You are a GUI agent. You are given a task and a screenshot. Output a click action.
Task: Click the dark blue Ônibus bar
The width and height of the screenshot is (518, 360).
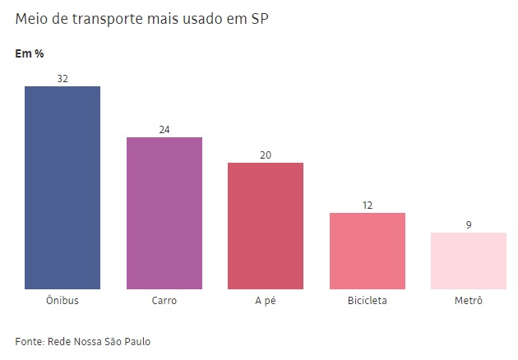(62, 187)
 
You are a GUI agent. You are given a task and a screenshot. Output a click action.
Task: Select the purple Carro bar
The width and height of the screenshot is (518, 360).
(164, 213)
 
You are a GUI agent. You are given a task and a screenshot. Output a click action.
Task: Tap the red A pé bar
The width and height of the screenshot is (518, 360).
(266, 226)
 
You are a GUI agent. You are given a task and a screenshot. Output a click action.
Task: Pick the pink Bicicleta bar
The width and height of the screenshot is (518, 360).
(367, 251)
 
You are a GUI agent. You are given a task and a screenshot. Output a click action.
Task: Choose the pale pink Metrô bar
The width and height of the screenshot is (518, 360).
(469, 261)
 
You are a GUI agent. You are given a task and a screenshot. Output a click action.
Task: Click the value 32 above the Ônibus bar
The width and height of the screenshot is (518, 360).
(62, 78)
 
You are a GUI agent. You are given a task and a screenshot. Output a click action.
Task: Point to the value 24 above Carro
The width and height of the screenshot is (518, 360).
(164, 130)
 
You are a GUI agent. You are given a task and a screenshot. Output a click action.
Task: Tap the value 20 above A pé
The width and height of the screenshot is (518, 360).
(266, 155)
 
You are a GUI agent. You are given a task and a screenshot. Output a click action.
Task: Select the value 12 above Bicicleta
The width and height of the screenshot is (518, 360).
(367, 205)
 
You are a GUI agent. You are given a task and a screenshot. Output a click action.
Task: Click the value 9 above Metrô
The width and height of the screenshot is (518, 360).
(469, 224)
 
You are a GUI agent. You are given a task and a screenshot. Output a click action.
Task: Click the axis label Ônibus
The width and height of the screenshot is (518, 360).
(62, 301)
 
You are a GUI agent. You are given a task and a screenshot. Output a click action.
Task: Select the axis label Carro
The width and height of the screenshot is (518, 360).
(164, 301)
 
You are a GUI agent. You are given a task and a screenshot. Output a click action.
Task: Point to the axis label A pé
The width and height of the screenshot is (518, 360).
(266, 301)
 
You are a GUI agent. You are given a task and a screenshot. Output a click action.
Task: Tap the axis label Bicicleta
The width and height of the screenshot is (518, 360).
(367, 301)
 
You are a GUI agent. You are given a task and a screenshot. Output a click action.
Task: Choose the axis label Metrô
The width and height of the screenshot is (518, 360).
(469, 301)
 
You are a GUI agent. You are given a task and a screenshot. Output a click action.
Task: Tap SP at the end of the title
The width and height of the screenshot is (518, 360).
(260, 19)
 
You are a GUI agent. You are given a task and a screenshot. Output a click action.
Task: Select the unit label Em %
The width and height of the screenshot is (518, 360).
(30, 54)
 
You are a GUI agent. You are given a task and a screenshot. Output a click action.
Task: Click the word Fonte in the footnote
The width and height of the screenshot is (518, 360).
(29, 341)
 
